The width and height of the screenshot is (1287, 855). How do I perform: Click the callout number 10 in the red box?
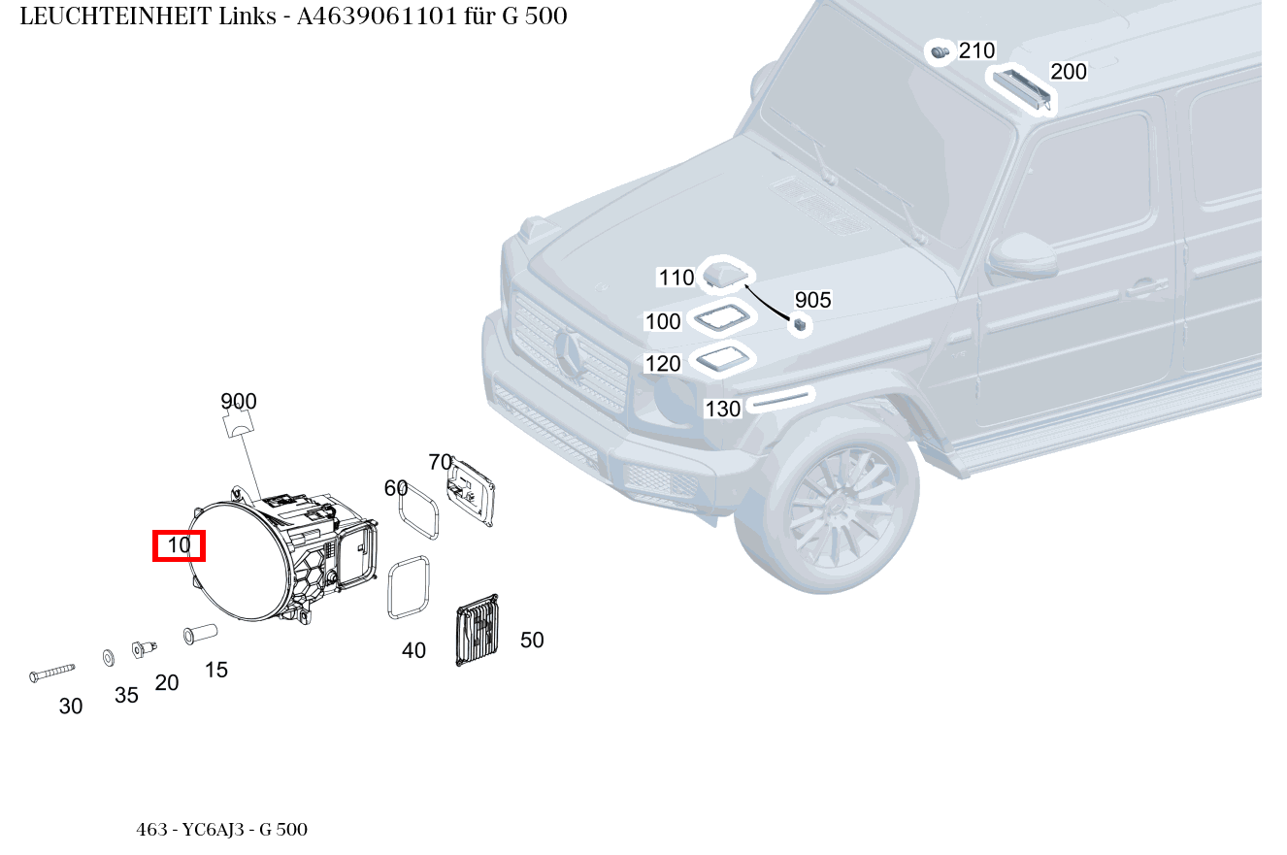click(x=180, y=545)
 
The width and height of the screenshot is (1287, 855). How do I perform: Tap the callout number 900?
click(x=239, y=401)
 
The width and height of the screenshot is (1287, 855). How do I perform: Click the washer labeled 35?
click(x=108, y=658)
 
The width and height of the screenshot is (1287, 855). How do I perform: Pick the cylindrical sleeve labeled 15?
click(x=200, y=634)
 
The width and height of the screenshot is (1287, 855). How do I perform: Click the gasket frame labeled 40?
click(x=408, y=586)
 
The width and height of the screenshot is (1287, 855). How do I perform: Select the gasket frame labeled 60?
click(x=422, y=510)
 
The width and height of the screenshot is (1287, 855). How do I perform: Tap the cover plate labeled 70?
click(x=471, y=493)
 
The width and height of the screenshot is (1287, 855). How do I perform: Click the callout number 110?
click(x=676, y=278)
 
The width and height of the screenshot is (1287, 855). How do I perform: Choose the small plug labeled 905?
click(x=801, y=325)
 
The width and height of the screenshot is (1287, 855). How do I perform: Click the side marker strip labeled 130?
click(x=781, y=399)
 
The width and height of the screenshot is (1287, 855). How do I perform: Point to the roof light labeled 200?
click(x=1021, y=87)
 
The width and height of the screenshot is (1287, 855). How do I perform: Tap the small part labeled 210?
click(x=939, y=51)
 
